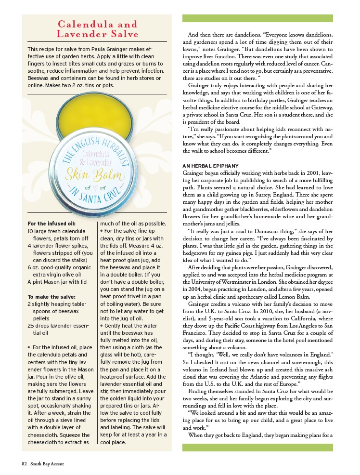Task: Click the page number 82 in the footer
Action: (24, 464)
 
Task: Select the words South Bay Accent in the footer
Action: (47, 464)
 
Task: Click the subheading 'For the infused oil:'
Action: (51, 224)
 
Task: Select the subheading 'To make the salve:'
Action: (51, 297)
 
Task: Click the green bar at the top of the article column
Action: (257, 18)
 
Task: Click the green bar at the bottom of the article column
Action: (257, 448)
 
